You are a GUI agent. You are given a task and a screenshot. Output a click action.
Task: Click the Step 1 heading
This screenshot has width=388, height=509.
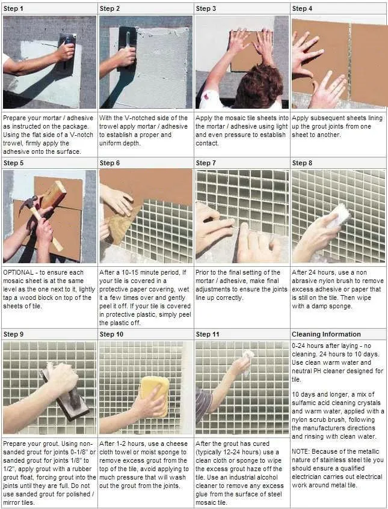pos(13,9)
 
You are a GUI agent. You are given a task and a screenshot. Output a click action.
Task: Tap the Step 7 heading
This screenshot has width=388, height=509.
pos(206,163)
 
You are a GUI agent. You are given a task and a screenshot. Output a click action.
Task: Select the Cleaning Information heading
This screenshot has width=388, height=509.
pos(326,334)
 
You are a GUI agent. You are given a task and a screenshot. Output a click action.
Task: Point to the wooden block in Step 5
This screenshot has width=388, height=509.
pos(54,194)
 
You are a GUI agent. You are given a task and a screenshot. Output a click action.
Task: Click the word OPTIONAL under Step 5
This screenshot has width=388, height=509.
pos(18,272)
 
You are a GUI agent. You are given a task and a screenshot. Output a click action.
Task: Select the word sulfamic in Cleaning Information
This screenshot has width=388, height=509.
pos(304,403)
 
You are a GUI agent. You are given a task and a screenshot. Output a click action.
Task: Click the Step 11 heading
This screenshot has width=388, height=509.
pos(208,334)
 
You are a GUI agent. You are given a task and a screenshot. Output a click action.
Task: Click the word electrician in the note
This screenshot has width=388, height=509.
pos(308,477)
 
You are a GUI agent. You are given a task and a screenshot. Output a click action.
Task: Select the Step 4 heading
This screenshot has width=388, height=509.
pos(302,9)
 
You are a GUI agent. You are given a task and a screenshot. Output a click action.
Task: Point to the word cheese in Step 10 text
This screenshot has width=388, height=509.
pos(177,443)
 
